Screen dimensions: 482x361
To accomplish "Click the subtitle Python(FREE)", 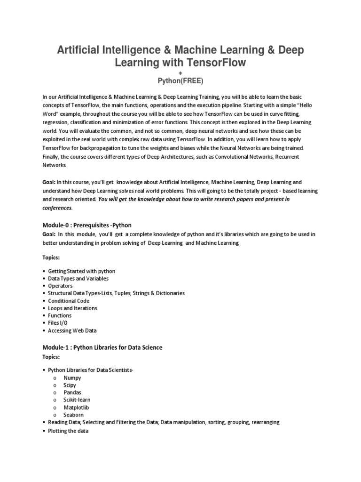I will click(180, 81).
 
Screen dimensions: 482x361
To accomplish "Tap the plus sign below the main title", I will click(180, 73).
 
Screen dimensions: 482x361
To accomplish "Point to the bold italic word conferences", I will click(57, 207).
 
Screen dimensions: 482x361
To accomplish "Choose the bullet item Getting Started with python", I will click(81, 271).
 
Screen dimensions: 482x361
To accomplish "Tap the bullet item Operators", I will click(60, 286).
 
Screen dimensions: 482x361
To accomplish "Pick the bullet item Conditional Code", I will click(69, 300).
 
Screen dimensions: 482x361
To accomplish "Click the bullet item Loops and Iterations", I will click(72, 308).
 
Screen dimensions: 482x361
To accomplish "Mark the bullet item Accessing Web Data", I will click(72, 330).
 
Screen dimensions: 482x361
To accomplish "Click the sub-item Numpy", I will click(72, 378).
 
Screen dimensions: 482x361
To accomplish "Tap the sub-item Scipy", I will click(70, 385).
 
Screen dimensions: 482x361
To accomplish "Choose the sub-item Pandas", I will click(72, 393).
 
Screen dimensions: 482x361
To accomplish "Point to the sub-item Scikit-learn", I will click(77, 400).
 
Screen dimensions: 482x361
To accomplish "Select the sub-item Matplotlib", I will click(77, 407).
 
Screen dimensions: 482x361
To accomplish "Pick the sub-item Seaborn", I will click(74, 415).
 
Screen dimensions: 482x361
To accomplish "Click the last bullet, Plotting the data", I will click(68, 431).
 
